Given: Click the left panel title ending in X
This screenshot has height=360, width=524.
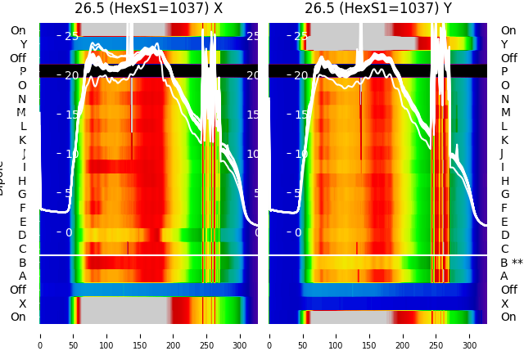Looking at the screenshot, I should click(148, 9).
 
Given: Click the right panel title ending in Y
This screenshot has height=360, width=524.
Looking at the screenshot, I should click(378, 9).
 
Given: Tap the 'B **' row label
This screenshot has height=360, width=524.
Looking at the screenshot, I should click(512, 263).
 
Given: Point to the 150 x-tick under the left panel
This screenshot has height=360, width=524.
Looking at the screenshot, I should click(140, 345).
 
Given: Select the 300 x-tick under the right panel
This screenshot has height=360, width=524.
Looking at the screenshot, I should click(470, 345).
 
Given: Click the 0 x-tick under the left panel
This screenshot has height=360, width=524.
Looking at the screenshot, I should click(40, 345).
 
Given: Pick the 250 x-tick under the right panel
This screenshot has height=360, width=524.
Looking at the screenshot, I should click(436, 345).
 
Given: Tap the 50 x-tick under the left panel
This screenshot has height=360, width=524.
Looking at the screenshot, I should click(73, 345).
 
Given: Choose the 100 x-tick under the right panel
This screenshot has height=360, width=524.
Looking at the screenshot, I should click(337, 345).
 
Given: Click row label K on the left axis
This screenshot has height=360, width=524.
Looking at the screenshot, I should click(22, 140).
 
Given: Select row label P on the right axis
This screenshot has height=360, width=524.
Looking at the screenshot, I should click(504, 72).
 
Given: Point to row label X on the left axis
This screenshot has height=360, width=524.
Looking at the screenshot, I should click(23, 304).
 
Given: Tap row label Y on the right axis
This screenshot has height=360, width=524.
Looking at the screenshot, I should click(504, 44).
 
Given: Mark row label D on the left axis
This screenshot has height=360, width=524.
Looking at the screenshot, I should click(22, 236).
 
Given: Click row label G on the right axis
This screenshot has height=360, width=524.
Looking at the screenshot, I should click(504, 195).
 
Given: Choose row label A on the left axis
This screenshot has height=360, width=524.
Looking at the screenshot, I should click(22, 277).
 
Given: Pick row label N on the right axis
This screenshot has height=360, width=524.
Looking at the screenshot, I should click(504, 99).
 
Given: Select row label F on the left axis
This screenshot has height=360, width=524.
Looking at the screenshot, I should click(23, 208).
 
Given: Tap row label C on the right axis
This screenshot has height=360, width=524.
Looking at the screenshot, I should click(504, 249).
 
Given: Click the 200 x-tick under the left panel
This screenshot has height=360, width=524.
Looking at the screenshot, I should click(174, 345).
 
